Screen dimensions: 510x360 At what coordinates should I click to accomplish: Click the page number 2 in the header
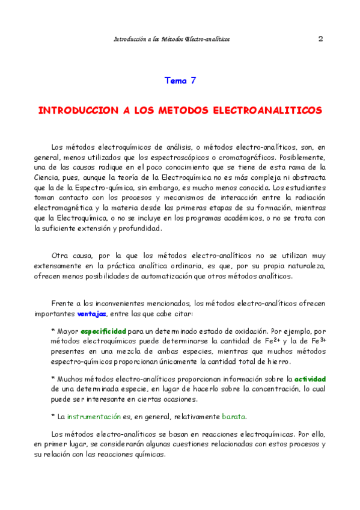coord(320,38)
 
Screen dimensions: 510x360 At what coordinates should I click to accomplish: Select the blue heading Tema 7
coord(180,80)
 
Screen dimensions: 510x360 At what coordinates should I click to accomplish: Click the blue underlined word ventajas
coord(92,313)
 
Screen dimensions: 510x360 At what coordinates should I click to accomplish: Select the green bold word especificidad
coord(103,331)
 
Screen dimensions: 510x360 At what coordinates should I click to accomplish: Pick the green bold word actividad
coord(310,379)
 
